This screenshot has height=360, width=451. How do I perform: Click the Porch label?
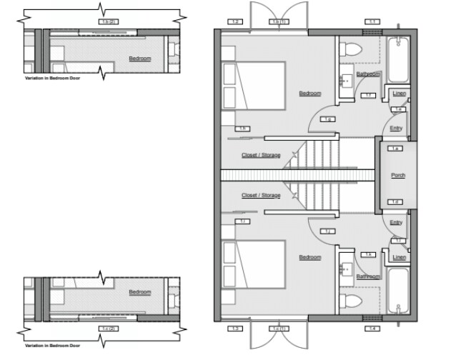click(x=397, y=175)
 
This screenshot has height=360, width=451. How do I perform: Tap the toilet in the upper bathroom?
click(x=350, y=49)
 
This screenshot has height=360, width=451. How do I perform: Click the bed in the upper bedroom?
click(x=254, y=84)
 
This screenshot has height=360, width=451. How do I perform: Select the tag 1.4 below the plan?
click(x=372, y=329)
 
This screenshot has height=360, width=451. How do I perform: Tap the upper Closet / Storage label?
click(x=261, y=155)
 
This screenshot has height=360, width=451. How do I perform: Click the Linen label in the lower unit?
click(x=399, y=257)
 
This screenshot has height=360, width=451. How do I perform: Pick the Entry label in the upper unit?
click(x=396, y=129)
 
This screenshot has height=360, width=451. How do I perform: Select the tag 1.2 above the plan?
click(x=236, y=22)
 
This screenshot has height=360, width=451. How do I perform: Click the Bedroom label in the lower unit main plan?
click(x=309, y=257)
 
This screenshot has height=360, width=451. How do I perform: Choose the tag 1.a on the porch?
click(x=396, y=149)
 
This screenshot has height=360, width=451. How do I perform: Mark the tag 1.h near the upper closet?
click(x=243, y=129)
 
